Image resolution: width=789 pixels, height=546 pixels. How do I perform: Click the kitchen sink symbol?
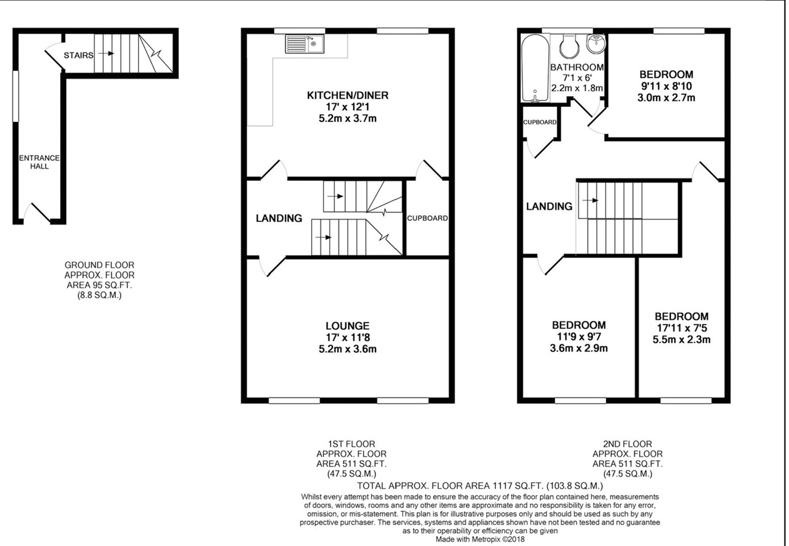305,44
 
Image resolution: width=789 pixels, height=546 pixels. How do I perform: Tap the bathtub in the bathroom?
535,68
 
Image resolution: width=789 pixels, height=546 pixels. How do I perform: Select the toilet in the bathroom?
569,45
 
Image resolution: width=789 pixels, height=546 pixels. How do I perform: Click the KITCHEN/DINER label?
348,95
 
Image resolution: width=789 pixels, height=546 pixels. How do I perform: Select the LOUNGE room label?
348,326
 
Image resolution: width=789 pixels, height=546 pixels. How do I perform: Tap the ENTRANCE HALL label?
39,162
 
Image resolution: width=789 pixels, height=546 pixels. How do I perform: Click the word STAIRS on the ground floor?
78,55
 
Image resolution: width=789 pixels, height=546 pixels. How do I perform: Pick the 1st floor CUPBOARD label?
427,218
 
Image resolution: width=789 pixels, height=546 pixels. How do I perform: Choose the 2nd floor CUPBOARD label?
540,122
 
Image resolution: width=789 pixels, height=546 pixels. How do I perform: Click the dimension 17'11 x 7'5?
681,328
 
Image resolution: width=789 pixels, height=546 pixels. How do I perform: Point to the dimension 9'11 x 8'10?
666,86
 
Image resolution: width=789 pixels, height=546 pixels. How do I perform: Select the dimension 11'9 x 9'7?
579,337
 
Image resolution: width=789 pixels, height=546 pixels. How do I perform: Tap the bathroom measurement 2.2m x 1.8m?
577,88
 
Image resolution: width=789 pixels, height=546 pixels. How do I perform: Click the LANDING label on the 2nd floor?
549,206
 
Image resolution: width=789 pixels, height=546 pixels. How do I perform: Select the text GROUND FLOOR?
99,265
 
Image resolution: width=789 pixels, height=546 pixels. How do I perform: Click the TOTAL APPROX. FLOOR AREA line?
480,486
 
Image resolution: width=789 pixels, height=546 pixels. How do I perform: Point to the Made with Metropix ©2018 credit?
480,539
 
